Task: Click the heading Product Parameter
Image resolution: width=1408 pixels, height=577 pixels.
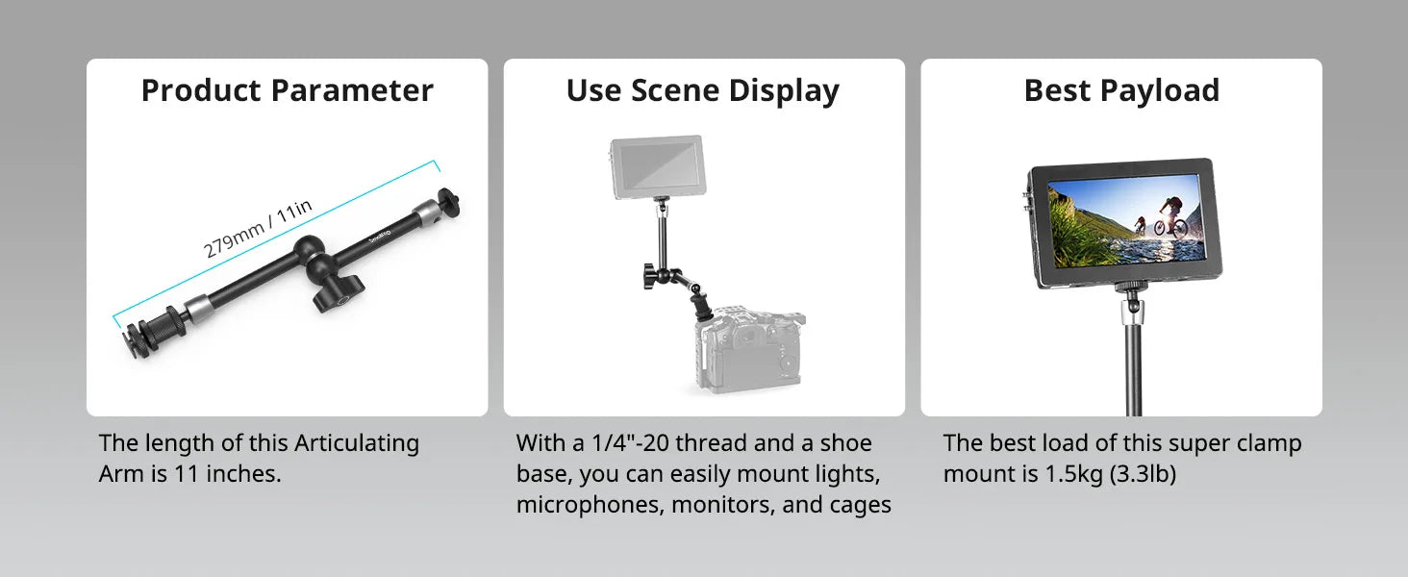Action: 288,90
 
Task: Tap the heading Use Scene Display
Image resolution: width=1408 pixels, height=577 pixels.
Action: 703,91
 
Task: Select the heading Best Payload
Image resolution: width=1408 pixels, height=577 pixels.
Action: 1121,91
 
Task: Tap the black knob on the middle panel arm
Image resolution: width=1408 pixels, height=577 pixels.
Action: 651,277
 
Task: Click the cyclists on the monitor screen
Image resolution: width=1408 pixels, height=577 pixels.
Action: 1160,217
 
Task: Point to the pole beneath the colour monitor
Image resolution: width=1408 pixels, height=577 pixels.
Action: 1133,359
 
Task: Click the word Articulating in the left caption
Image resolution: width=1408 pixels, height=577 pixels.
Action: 357,443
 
